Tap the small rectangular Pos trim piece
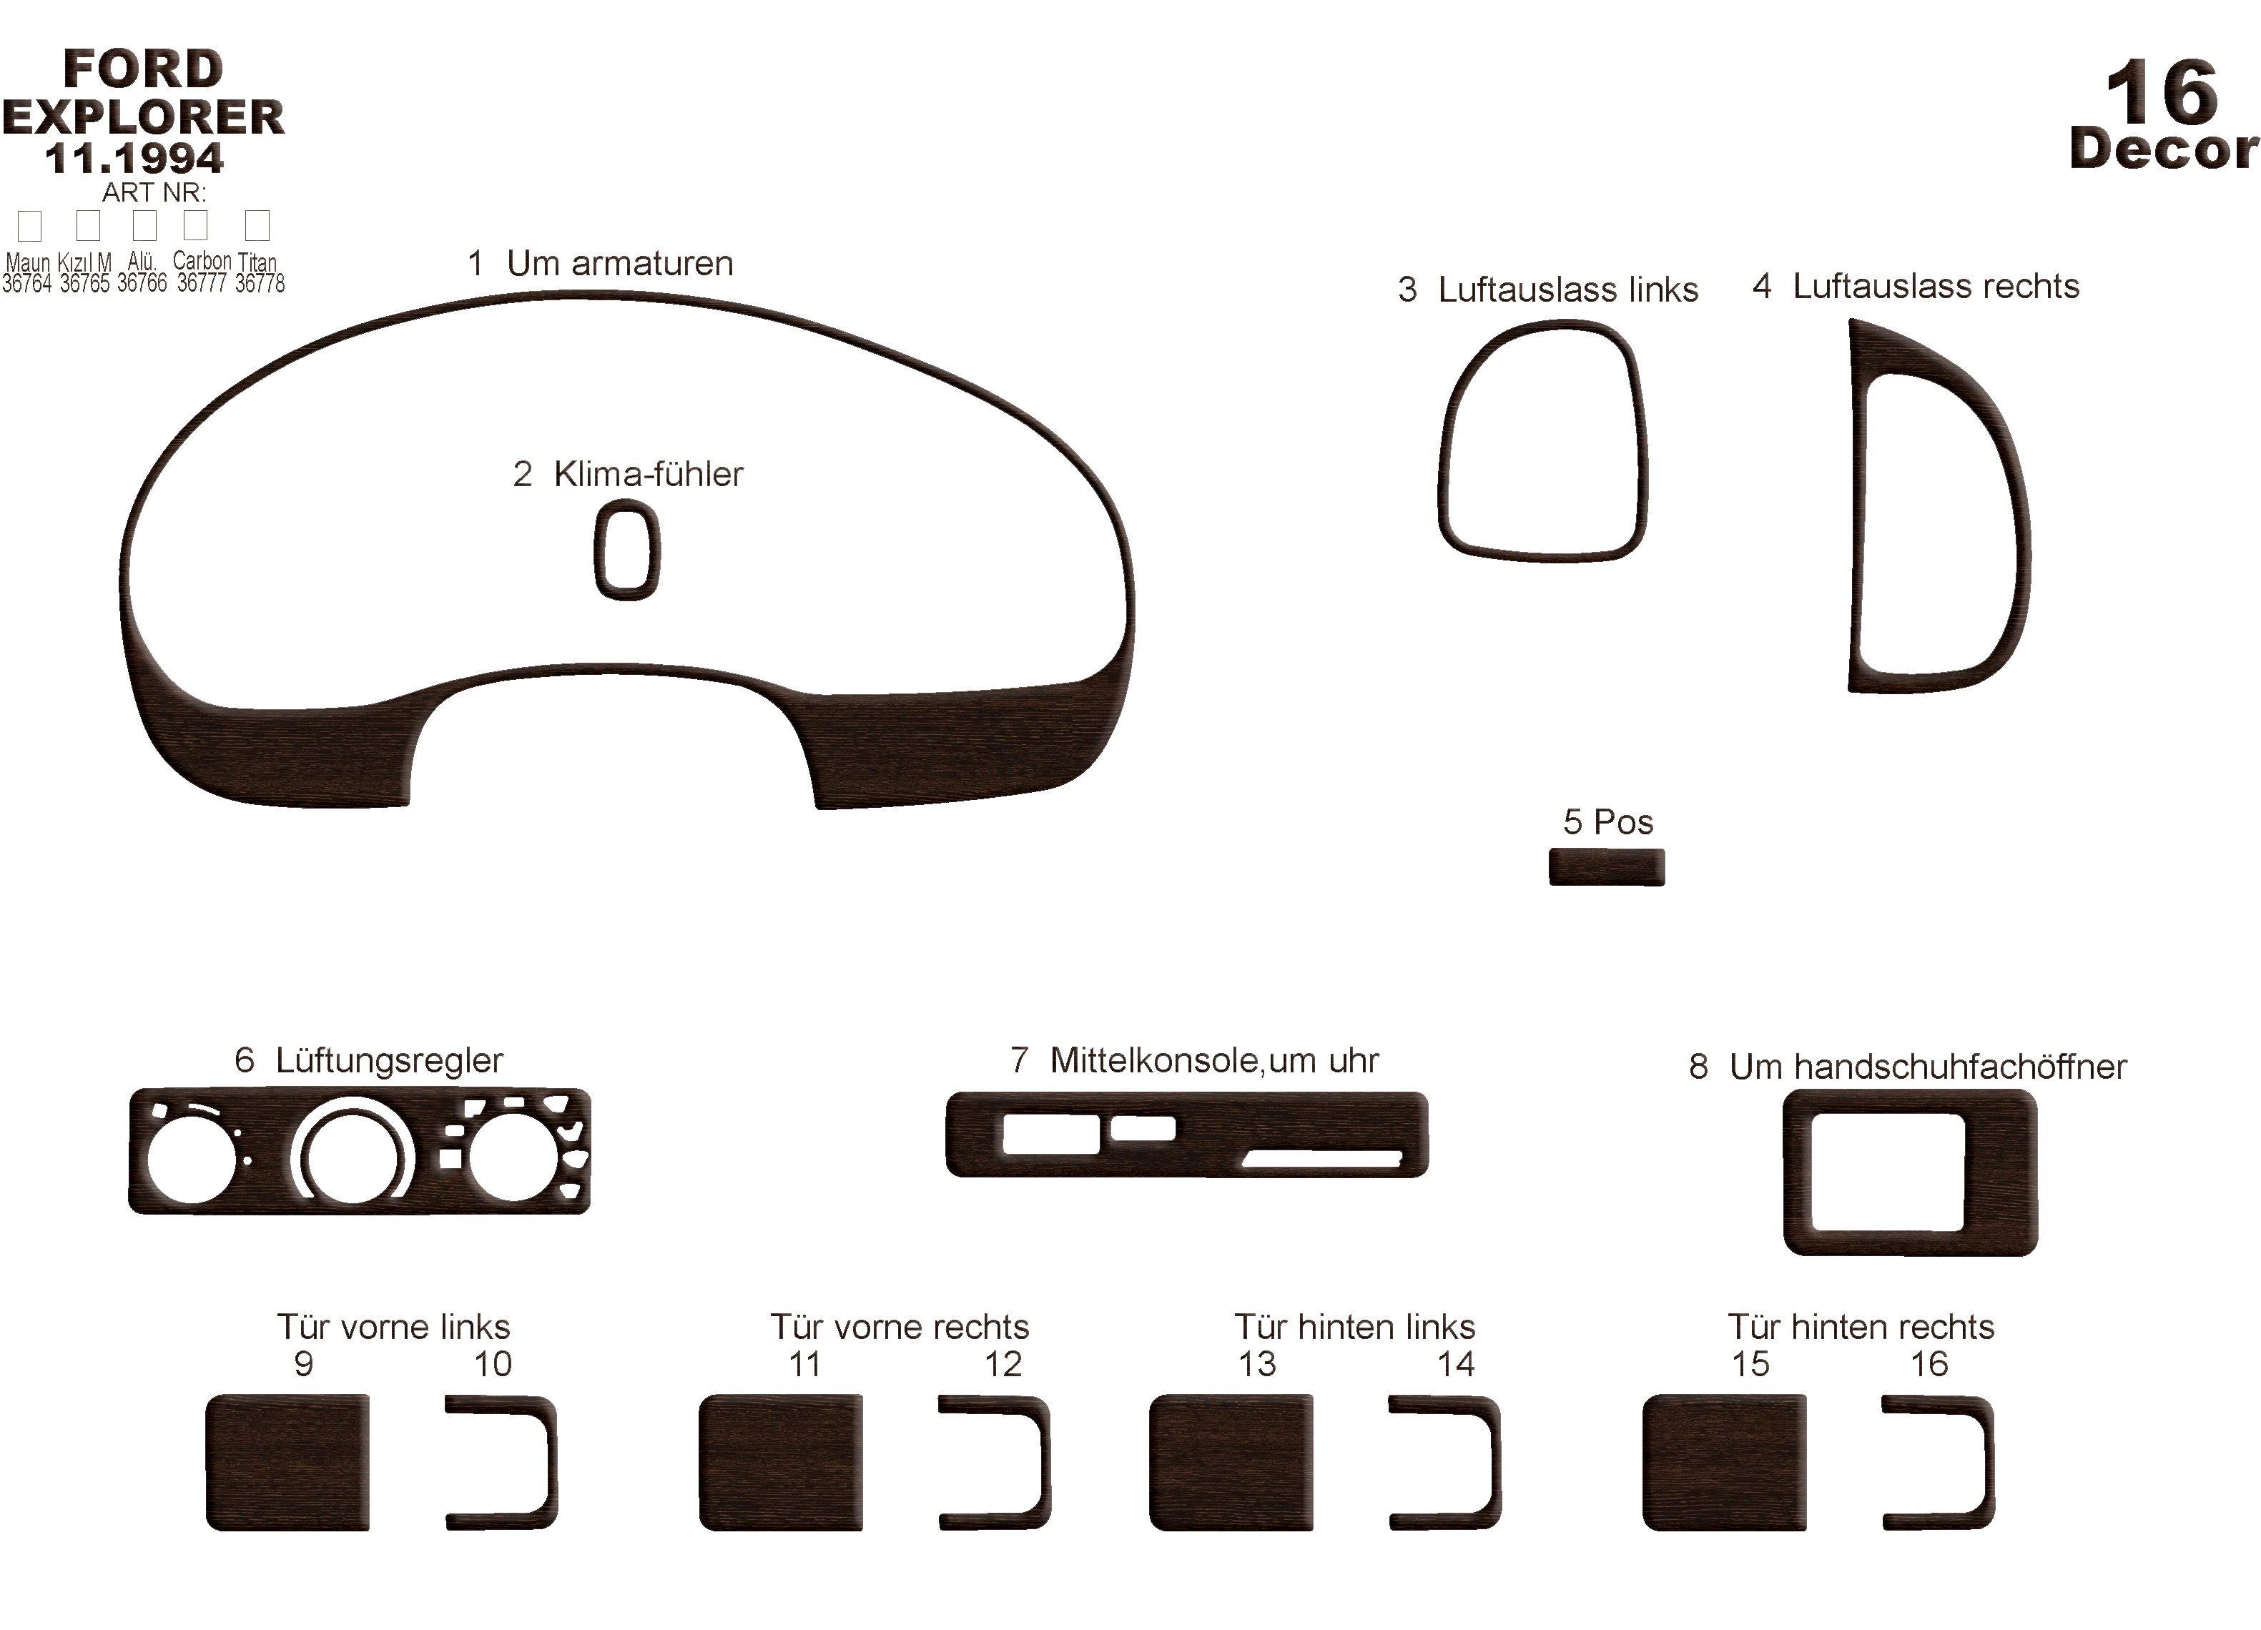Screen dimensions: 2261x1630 click(x=1606, y=866)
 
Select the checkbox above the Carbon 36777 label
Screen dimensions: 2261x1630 click(x=195, y=225)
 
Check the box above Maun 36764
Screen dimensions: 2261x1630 click(x=30, y=225)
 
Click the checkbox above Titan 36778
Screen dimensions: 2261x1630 click(x=257, y=225)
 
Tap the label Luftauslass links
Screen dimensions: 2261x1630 click(x=1567, y=289)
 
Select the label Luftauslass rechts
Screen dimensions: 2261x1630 click(x=1936, y=286)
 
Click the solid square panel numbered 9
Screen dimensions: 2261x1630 click(x=287, y=1461)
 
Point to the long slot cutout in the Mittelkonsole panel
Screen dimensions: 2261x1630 click(x=1322, y=1158)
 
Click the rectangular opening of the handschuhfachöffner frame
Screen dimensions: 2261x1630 click(x=1887, y=1172)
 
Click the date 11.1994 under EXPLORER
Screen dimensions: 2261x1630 click(x=134, y=159)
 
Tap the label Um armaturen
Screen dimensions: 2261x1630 click(x=619, y=263)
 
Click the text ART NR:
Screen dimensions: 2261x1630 click(x=154, y=192)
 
